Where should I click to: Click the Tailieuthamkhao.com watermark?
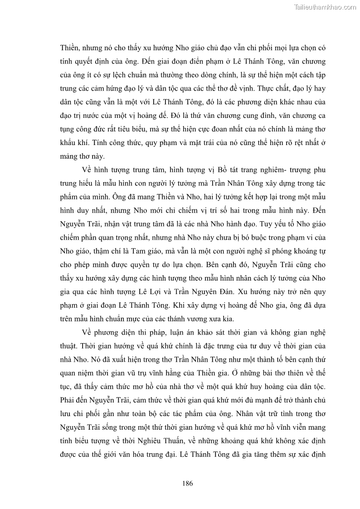coord(326,7)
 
